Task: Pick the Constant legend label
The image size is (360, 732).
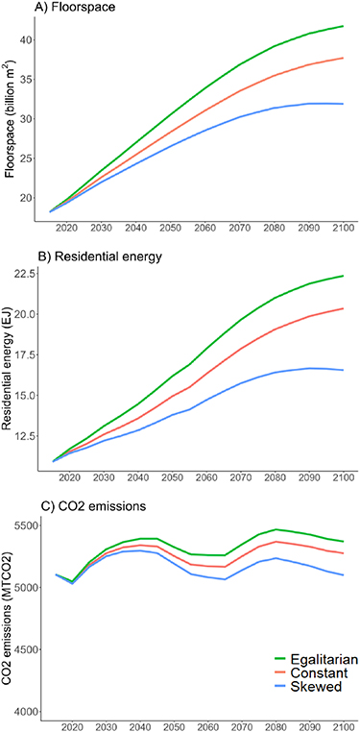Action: [317, 675]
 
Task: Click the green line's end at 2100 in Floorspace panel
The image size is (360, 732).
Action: [343, 26]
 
